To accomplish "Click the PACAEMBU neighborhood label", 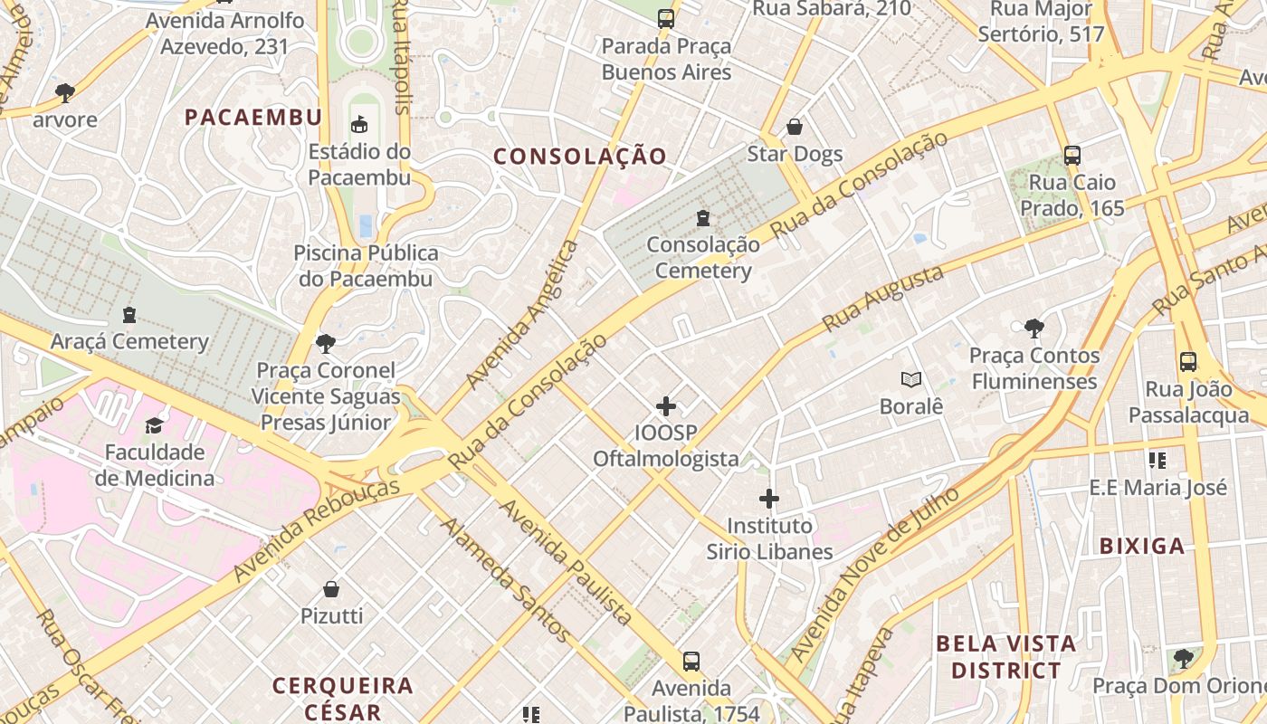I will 253,117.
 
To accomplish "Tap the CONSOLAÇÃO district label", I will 580,157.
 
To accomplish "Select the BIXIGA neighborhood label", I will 1142,546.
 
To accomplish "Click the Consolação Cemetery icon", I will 702,217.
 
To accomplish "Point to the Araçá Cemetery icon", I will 129,315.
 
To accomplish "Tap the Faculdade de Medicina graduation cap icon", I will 154,425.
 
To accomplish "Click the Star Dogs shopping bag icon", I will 795,127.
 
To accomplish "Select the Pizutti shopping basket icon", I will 331,589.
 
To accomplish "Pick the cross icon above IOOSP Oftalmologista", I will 666,406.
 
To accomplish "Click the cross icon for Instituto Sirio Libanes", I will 769,499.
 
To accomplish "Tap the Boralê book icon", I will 910,380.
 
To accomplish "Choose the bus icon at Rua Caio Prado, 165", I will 1072,155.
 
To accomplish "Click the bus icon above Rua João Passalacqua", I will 1188,363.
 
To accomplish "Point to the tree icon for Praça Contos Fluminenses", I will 1034,328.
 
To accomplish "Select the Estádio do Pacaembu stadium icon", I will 359,124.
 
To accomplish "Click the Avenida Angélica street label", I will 521,315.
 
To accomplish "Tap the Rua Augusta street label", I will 883,299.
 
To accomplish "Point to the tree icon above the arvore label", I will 64,91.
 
